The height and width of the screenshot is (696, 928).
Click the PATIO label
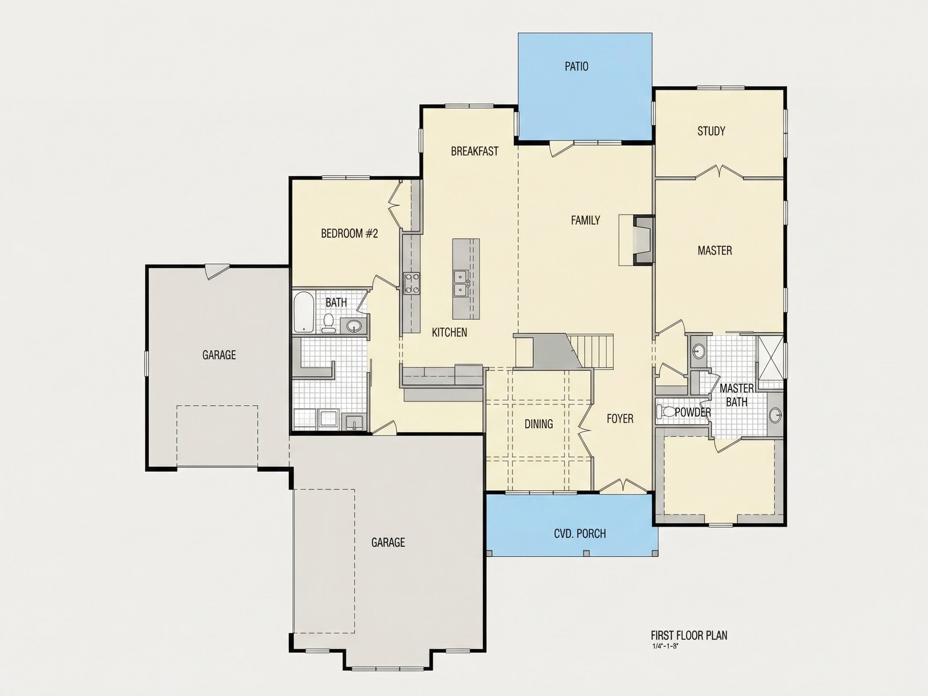coord(576,66)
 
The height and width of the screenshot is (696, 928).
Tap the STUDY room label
coord(711,131)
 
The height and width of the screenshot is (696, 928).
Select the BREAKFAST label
coord(474,151)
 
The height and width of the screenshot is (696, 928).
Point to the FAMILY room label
coord(585,220)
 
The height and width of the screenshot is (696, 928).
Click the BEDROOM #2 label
coord(350,234)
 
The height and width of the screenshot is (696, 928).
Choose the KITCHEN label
coord(449,333)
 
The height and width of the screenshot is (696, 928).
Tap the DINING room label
coord(539,424)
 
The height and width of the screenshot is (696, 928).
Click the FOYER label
coord(620,419)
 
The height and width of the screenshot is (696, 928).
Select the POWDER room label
coord(693,412)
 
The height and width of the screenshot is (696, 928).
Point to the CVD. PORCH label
coord(580,534)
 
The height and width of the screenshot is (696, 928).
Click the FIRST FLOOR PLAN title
coord(689,635)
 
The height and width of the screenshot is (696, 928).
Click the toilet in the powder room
coord(666,412)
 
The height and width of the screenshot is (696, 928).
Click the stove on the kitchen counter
coord(412,283)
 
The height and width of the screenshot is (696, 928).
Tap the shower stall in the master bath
coord(769,357)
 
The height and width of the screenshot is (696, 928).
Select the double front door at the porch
coord(623,485)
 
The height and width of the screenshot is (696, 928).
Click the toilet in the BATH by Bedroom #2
coord(329,323)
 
